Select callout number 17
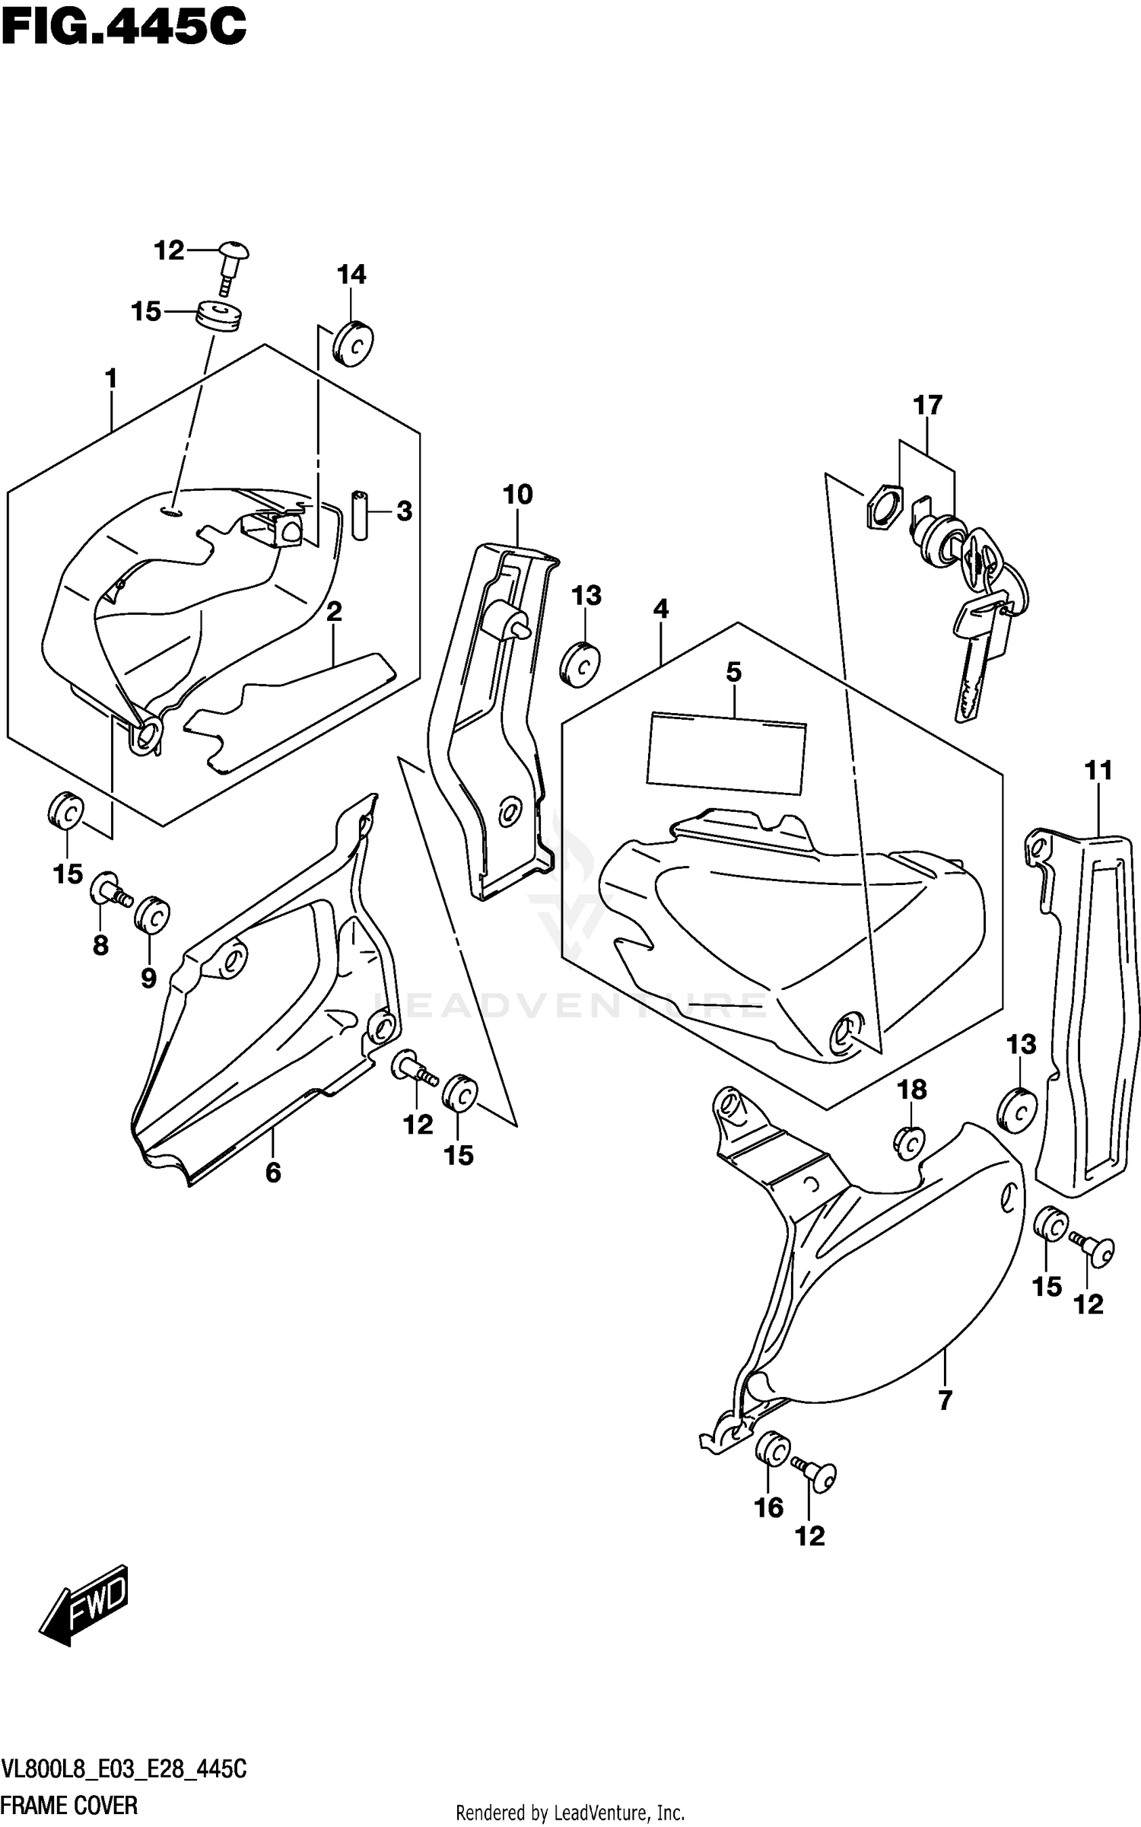point(927,406)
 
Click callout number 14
point(351,275)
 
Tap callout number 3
point(404,511)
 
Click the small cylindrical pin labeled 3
point(360,516)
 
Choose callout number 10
point(517,495)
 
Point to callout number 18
point(912,1090)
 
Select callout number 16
point(768,1507)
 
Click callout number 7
point(945,1400)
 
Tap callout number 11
point(1098,771)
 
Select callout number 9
point(148,978)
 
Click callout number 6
point(273,1173)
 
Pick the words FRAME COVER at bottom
point(69,1805)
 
